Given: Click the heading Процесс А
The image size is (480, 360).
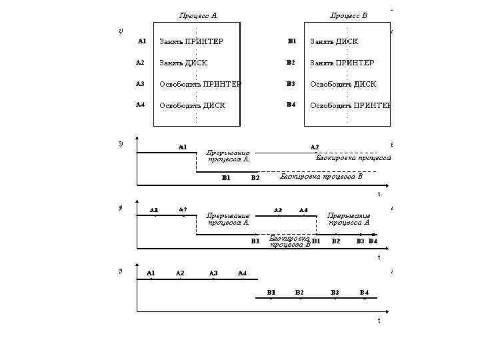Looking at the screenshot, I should (198, 15).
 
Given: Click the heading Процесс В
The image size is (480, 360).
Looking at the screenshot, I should (349, 15).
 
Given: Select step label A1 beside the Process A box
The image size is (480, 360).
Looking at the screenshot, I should (142, 41).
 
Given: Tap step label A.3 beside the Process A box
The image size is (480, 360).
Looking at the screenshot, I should (140, 84).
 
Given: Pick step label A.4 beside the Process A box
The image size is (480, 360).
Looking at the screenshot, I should (140, 105).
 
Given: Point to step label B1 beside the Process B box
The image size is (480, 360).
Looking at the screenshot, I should (291, 41).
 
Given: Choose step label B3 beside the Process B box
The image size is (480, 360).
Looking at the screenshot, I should (291, 84).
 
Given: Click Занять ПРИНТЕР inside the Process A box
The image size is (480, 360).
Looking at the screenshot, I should (191, 41).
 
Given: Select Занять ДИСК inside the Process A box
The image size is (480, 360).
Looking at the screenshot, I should (183, 63).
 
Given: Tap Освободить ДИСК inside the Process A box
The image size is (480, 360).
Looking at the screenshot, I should (192, 105).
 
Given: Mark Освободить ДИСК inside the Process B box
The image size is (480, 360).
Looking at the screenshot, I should (343, 84).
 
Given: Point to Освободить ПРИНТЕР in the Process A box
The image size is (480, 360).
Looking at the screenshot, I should (200, 84).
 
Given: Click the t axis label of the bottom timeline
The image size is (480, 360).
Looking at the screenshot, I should (379, 320).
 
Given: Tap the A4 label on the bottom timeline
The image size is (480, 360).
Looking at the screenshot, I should (242, 273).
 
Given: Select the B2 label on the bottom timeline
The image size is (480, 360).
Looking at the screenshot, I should (299, 293).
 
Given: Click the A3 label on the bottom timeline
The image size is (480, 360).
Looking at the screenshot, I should (213, 273).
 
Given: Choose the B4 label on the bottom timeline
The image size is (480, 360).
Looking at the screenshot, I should (364, 293).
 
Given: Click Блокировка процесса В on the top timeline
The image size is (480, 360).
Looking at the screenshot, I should (321, 177).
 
